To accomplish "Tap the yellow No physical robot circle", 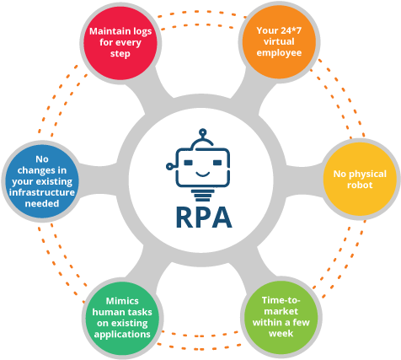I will pyautogui.click(x=361, y=180).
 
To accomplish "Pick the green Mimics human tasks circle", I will pyautogui.click(x=123, y=316).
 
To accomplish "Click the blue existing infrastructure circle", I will pyautogui.click(x=42, y=180).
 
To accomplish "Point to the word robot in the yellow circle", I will pyautogui.click(x=361, y=186).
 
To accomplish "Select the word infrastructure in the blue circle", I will pyautogui.click(x=42, y=191).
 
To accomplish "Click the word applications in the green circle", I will pyautogui.click(x=123, y=335).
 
